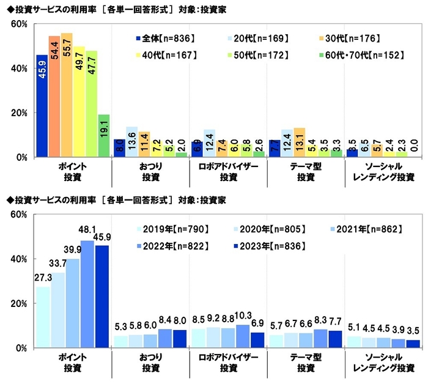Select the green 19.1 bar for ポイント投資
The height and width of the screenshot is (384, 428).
tap(103, 136)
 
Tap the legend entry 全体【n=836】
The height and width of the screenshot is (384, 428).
tap(164, 39)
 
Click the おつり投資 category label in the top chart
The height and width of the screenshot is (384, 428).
tap(149, 172)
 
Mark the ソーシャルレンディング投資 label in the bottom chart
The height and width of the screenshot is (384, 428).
tap(383, 362)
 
